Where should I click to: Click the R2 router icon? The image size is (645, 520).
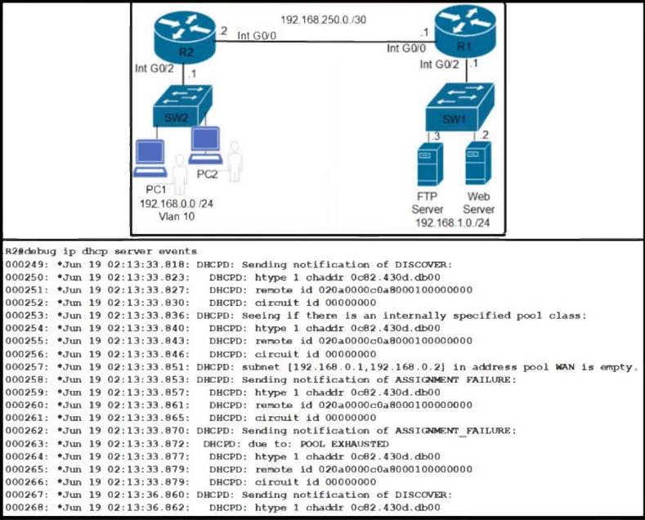click(185, 38)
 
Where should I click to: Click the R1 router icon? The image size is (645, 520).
click(465, 33)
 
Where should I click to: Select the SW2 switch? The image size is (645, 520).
click(182, 106)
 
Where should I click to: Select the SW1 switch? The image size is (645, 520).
click(459, 107)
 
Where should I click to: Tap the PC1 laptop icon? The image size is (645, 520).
click(150, 159)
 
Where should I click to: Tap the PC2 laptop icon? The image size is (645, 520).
click(205, 146)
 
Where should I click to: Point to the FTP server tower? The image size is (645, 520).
click(430, 164)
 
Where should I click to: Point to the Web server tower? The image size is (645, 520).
click(478, 164)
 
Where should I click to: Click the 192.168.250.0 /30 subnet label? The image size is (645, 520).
click(324, 20)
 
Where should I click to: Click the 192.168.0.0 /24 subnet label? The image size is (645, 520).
click(177, 204)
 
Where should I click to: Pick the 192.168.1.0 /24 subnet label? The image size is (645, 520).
click(453, 223)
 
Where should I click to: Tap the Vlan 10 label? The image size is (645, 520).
click(177, 217)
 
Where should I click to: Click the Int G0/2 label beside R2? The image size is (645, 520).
click(155, 69)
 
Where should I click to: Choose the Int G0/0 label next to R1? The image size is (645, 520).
click(406, 48)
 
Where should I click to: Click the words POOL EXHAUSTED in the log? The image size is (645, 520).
click(344, 444)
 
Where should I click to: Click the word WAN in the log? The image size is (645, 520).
click(565, 367)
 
